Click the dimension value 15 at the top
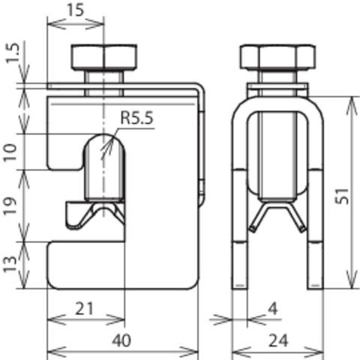(73, 12)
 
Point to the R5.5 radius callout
(136, 118)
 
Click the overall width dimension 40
(124, 340)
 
